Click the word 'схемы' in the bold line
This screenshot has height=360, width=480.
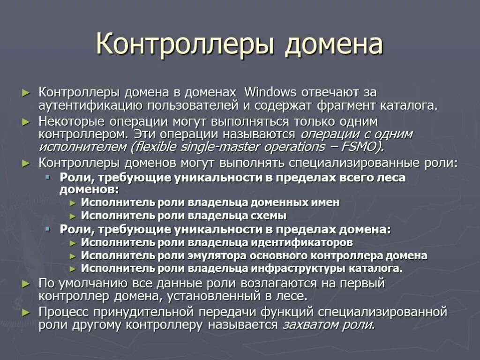[x=270, y=216]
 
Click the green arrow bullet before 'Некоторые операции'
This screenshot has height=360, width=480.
[x=26, y=122]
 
